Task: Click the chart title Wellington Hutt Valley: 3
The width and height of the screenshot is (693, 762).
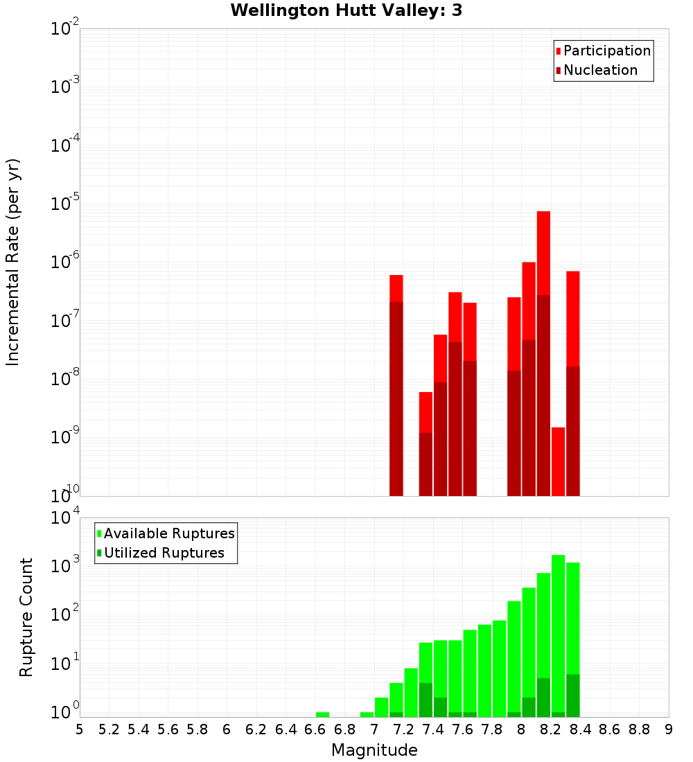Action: pos(346,10)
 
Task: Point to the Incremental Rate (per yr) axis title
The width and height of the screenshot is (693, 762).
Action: pos(13,262)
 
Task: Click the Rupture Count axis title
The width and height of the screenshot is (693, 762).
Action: pos(26,617)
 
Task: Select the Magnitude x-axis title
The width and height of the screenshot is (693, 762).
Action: pos(374,750)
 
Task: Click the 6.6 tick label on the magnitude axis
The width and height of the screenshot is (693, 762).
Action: pos(315,729)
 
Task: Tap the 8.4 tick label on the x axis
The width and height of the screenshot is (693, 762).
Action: pos(580,729)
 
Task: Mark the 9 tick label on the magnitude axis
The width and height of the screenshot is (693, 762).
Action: pos(668,729)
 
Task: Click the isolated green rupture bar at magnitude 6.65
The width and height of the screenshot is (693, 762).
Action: pos(322,714)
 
